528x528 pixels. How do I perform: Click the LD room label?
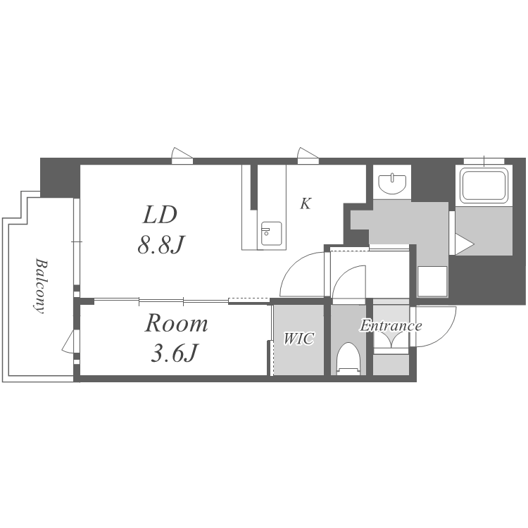(x=160, y=215)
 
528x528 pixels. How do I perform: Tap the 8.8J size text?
(x=161, y=244)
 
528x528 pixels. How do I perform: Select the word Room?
(x=176, y=323)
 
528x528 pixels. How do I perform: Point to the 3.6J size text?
(x=174, y=353)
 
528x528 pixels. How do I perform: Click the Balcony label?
(x=40, y=286)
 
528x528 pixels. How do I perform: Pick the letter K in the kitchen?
(x=306, y=203)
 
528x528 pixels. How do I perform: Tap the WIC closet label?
(x=298, y=339)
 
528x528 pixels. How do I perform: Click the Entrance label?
(x=391, y=326)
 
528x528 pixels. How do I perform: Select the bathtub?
(x=484, y=185)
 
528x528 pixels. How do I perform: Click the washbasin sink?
(x=392, y=184)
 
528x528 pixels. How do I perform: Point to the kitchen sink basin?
(x=272, y=233)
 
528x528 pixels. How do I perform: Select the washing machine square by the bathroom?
(x=432, y=282)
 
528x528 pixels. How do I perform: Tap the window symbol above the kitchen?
(x=308, y=156)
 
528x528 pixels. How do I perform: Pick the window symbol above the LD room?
(x=182, y=156)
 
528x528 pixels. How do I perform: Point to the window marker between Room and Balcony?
(x=70, y=341)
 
